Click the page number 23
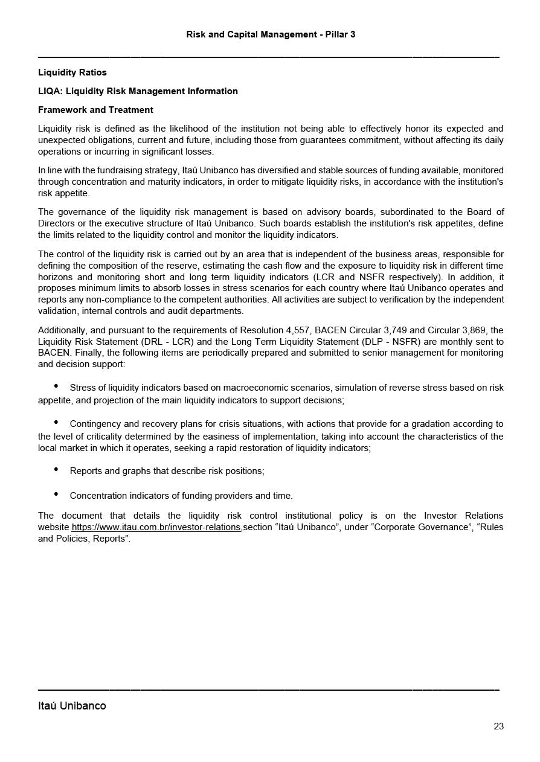click(498, 726)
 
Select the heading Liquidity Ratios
click(72, 72)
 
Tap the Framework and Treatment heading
click(95, 110)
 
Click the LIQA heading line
click(138, 91)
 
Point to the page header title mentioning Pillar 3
click(271, 34)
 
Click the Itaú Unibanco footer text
click(72, 706)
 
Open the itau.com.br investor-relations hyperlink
click(156, 527)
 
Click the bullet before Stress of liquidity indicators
click(56, 386)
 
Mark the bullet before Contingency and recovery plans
click(56, 423)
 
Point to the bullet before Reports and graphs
click(56, 470)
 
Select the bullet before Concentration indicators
click(56, 495)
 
